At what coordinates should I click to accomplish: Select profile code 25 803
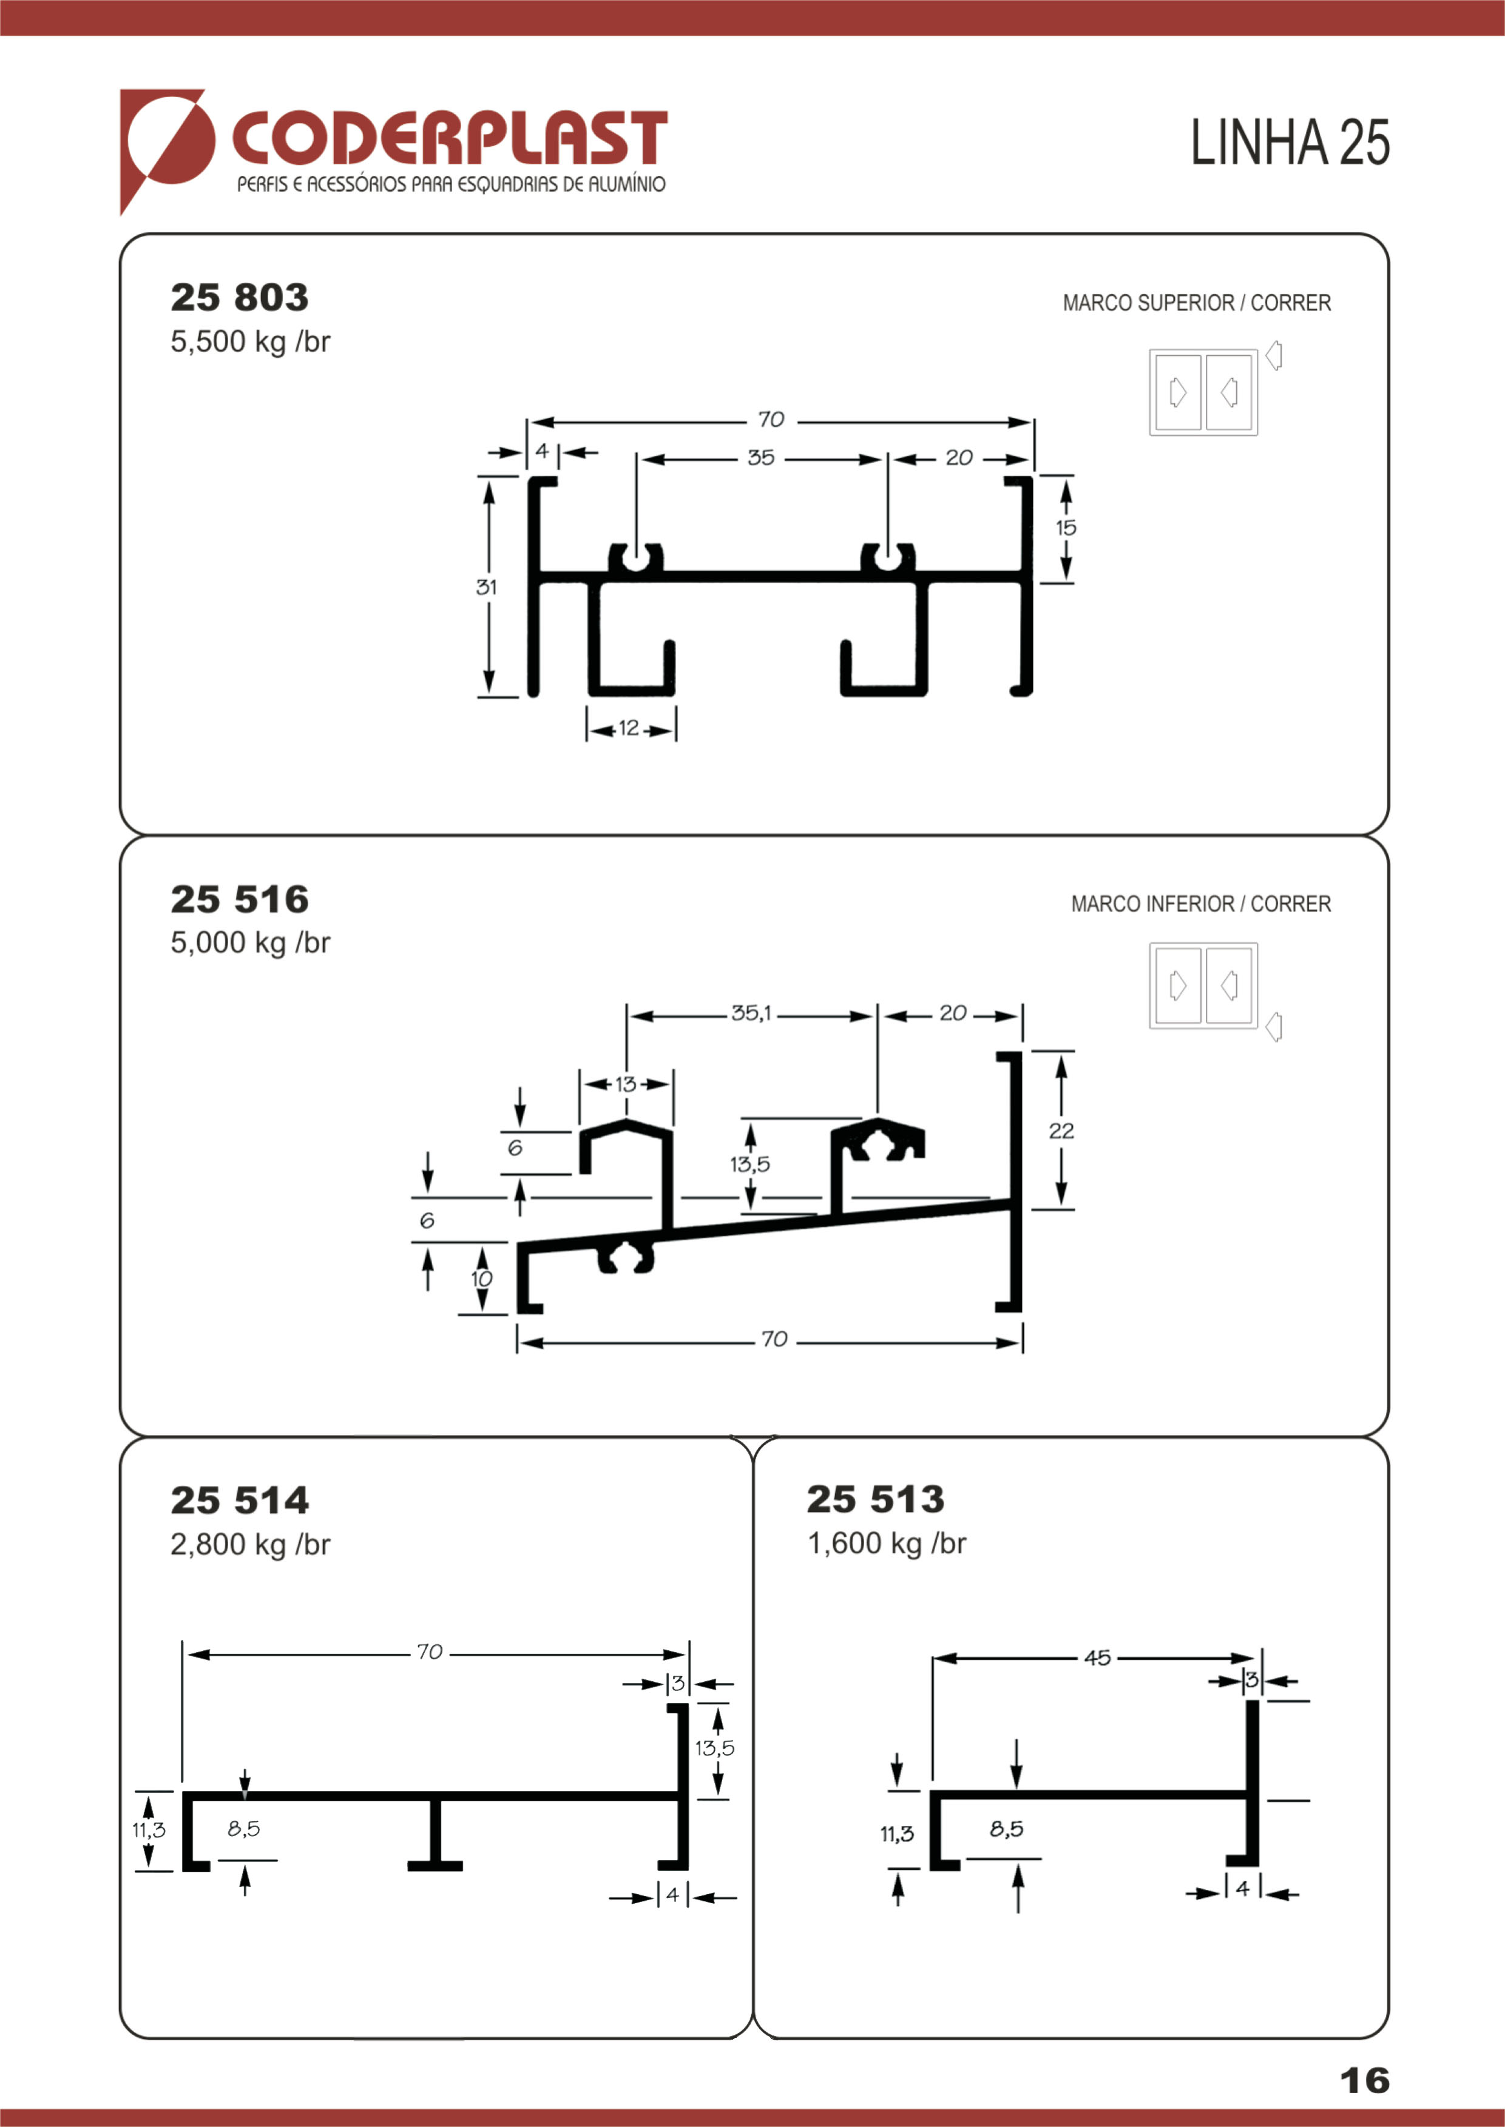pyautogui.click(x=239, y=297)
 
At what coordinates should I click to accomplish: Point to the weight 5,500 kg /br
pyautogui.click(x=250, y=342)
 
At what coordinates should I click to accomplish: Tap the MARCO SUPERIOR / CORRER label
pyautogui.click(x=1196, y=303)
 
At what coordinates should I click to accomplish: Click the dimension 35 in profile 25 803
pyautogui.click(x=761, y=458)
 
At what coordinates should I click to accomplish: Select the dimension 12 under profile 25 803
pyautogui.click(x=629, y=728)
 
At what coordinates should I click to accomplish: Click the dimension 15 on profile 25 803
pyautogui.click(x=1066, y=527)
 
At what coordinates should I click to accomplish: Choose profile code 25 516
pyautogui.click(x=239, y=899)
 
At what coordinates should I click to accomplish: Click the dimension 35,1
pyautogui.click(x=751, y=1013)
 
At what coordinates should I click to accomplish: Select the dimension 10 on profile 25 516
pyautogui.click(x=482, y=1279)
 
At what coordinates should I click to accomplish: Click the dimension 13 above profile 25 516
pyautogui.click(x=626, y=1084)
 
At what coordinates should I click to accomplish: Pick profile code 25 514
pyautogui.click(x=239, y=1500)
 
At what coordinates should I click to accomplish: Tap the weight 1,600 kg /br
pyautogui.click(x=887, y=1544)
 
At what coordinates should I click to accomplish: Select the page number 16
pyautogui.click(x=1365, y=2081)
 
